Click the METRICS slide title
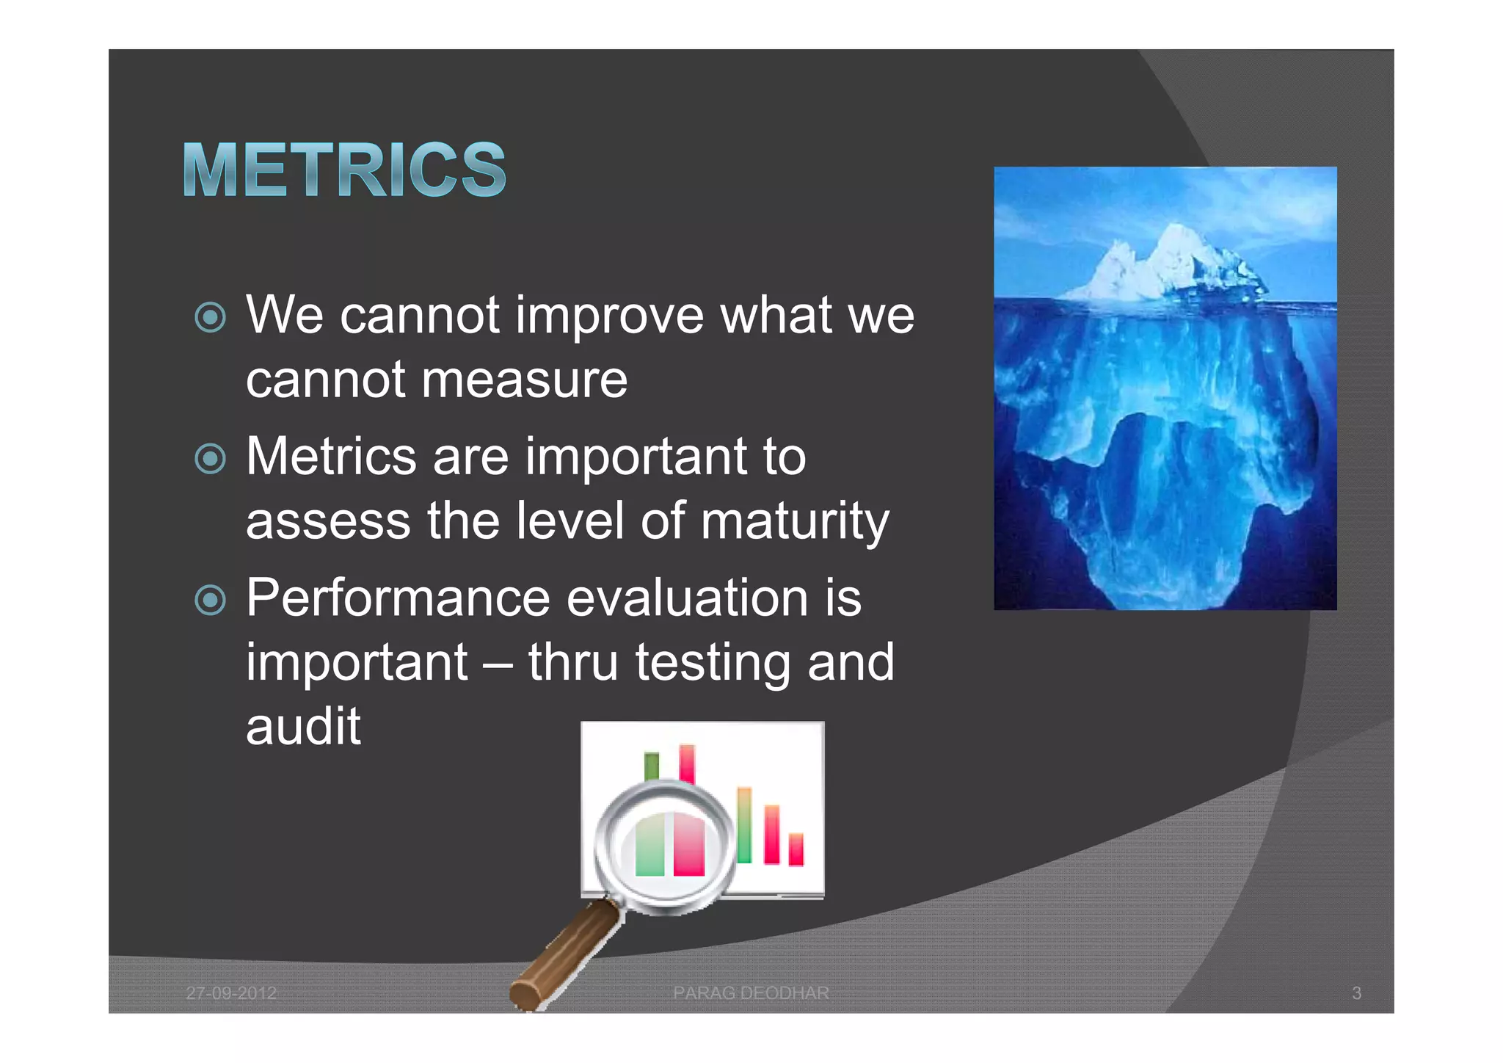[x=344, y=170]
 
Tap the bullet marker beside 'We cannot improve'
[x=211, y=318]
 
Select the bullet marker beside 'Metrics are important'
[x=211, y=460]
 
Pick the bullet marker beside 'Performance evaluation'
[x=211, y=601]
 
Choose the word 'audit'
[x=303, y=727]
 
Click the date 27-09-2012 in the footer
[x=231, y=993]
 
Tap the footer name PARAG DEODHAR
[x=751, y=993]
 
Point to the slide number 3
[x=1356, y=993]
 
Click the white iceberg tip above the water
[x=1174, y=264]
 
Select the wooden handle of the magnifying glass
[x=565, y=954]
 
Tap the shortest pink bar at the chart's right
[x=796, y=849]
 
